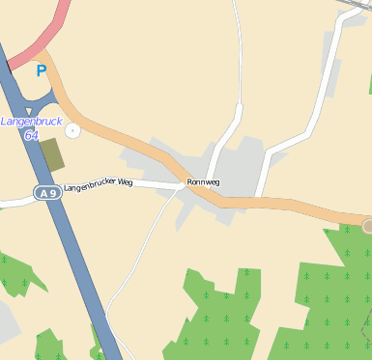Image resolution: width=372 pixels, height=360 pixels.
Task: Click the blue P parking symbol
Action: [x=41, y=70]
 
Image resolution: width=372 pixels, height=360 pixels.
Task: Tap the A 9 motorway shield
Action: [x=47, y=193]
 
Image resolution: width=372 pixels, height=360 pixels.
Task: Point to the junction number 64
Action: [x=31, y=135]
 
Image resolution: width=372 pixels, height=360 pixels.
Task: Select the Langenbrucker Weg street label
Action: [x=97, y=185]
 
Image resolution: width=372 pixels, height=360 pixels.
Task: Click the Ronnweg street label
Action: [x=204, y=181]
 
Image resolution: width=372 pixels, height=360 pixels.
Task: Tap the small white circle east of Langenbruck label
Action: [x=72, y=130]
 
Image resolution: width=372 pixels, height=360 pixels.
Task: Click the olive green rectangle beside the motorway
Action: [x=51, y=154]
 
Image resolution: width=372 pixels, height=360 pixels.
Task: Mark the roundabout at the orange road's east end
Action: [x=368, y=227]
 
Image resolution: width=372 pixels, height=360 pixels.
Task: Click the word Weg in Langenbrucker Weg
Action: [x=124, y=183]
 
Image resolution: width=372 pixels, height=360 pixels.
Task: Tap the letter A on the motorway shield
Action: [x=43, y=193]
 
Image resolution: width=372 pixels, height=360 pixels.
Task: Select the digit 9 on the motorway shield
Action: [x=53, y=193]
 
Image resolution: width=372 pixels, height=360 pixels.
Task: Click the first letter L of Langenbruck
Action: [x=4, y=122]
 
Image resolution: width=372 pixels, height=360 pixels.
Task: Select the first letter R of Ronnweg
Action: [x=190, y=181]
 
